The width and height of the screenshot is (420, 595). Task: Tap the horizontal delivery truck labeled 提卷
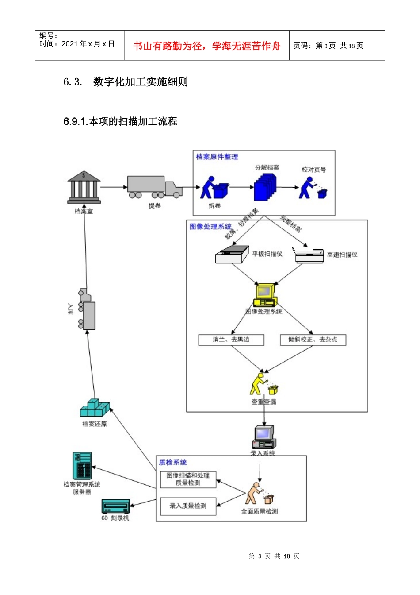coord(154,187)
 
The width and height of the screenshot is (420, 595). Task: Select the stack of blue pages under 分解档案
coord(265,187)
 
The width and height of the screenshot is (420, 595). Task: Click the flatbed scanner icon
coord(232,255)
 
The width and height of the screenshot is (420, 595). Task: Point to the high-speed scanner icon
coord(309,255)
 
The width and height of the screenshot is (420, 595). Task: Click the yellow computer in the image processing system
coord(265,295)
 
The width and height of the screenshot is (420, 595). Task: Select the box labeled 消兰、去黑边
coord(231,340)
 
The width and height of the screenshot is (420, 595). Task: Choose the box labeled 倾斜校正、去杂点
coord(313,340)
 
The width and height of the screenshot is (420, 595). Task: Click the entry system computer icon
coord(264,437)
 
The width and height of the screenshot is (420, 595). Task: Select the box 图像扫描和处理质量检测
coord(188,479)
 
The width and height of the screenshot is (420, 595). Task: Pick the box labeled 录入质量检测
coord(188,506)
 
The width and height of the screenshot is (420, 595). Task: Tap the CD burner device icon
coord(115,506)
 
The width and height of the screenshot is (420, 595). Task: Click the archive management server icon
coord(82,466)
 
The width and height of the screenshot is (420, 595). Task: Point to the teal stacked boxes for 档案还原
coord(95,408)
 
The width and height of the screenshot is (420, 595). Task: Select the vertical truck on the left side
coord(87,309)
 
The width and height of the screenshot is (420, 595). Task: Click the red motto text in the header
coord(206,46)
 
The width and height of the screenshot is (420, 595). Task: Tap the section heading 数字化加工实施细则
coord(140,82)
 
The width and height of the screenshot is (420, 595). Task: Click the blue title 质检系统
coord(173,462)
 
